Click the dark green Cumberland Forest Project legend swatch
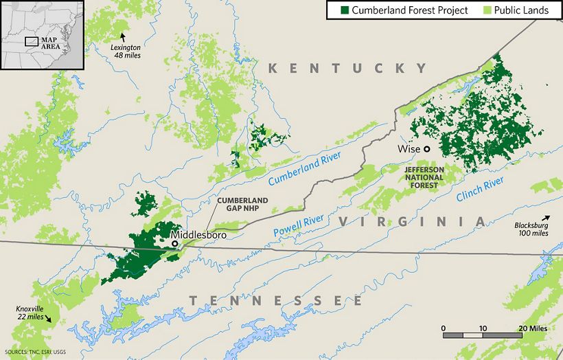[335, 10]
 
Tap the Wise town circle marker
[426, 149]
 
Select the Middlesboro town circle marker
[174, 243]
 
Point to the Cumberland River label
[304, 168]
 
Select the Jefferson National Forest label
[424, 177]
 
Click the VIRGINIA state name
[411, 221]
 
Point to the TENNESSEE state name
[275, 301]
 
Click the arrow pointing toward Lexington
[123, 36]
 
